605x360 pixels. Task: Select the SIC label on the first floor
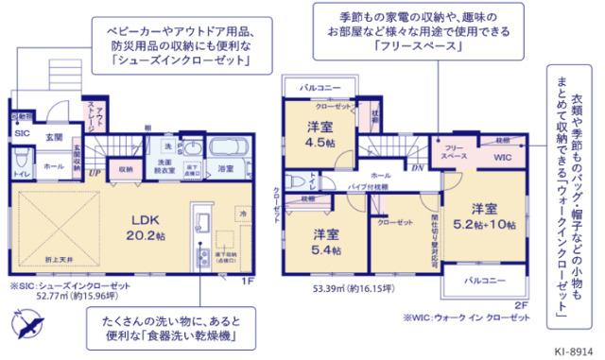tap(21, 134)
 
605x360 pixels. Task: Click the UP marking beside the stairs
tap(95, 173)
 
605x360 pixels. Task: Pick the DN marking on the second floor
tap(417, 166)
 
